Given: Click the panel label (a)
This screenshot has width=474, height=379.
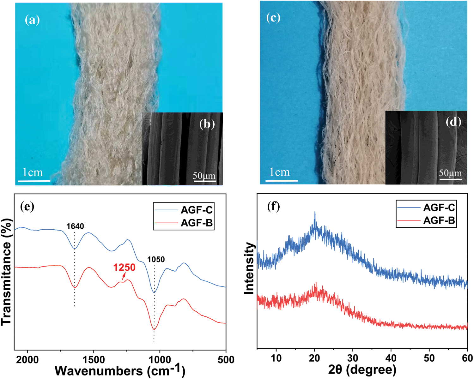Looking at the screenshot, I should tap(32, 20).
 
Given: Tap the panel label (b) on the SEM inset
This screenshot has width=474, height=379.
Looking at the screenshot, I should tap(207, 124).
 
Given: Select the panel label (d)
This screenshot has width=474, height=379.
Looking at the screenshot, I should tap(453, 122).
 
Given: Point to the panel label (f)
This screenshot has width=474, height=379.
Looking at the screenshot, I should tap(273, 207).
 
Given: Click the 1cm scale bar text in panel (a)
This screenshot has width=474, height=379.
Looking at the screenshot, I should tap(33, 172).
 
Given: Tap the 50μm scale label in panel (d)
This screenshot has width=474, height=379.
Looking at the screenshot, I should tap(450, 173).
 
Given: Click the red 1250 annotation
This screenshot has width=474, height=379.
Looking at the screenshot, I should tap(125, 268).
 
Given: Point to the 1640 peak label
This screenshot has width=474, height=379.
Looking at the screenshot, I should tap(75, 226).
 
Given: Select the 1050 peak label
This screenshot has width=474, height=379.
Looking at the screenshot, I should tap(156, 260).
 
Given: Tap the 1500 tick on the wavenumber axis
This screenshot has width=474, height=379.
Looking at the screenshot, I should tap(94, 360).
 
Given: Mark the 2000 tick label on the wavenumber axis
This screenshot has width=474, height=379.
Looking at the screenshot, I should tap(28, 360).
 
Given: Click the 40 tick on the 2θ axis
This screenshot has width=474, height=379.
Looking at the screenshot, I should tap(391, 358).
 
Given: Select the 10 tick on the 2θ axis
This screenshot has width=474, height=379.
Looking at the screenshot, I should tap(276, 358).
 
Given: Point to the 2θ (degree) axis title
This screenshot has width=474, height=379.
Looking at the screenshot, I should tap(362, 370).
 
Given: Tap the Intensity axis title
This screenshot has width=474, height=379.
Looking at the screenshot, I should tap(250, 268).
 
